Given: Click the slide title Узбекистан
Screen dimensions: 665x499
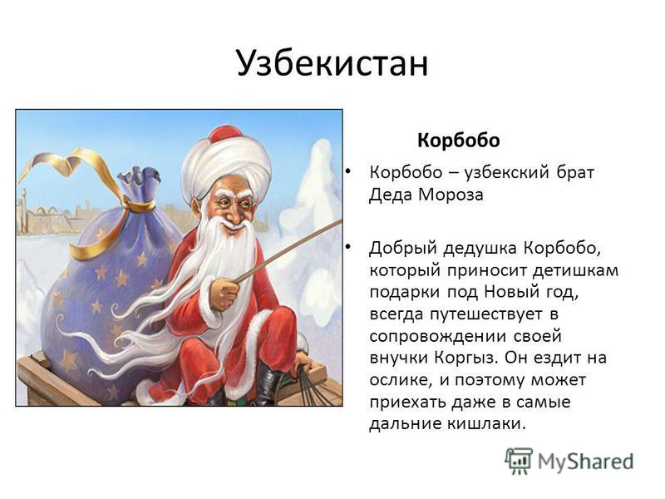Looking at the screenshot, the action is pos(332,64).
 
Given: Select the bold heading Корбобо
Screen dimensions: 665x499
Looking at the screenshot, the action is pos(459,141).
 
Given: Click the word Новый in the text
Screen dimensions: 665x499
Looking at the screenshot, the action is pos(513,292).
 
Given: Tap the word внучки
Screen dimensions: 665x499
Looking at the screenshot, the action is pos(398,358).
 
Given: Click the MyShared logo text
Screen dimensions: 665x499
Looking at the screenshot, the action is pos(585,462).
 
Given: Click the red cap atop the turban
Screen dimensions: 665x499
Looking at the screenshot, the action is pos(225,134).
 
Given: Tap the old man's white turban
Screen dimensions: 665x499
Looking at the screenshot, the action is pos(226,166).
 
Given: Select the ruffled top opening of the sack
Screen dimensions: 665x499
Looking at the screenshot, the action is pos(138,183).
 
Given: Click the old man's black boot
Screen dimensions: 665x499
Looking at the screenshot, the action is pos(268,384).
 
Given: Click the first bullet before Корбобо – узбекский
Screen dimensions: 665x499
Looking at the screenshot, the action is pos(347,171).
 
